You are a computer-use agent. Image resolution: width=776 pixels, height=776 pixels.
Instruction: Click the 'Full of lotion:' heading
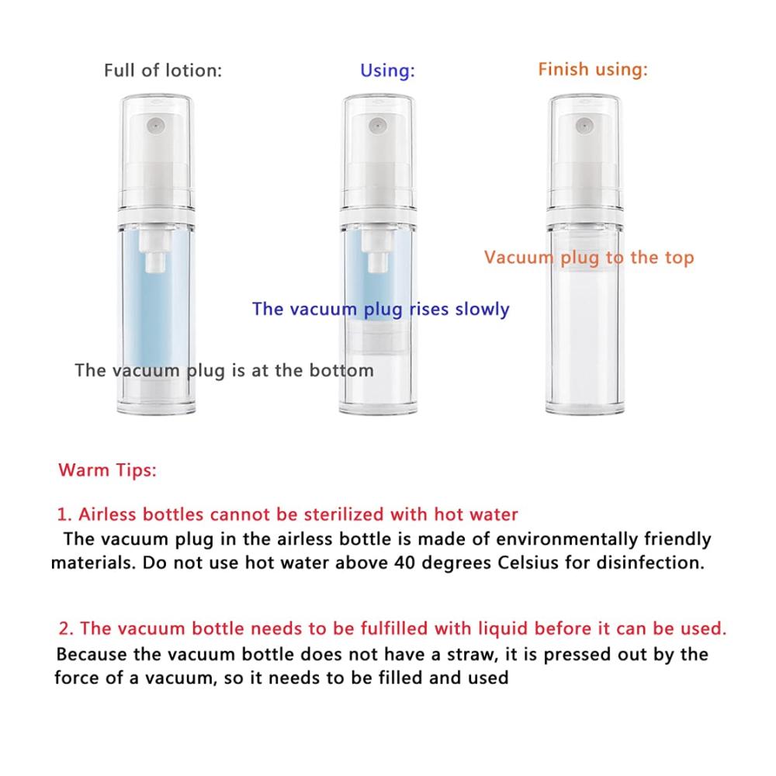click(x=163, y=71)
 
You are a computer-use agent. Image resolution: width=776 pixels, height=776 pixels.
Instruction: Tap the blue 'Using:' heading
click(x=387, y=71)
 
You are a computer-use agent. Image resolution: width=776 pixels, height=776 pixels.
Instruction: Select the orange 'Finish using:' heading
click(x=592, y=70)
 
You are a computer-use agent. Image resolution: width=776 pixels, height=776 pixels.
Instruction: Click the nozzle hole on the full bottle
click(x=155, y=126)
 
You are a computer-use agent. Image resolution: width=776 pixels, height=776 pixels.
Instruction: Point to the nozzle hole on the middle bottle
click(x=377, y=126)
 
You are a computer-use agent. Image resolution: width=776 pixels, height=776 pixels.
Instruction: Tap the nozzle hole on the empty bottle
click(x=584, y=125)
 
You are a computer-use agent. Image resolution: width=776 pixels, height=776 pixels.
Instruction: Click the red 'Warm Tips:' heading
click(x=107, y=470)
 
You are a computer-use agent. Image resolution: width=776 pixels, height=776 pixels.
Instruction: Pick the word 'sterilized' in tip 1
click(x=344, y=514)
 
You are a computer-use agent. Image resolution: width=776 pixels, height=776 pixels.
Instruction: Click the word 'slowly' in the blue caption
click(x=482, y=310)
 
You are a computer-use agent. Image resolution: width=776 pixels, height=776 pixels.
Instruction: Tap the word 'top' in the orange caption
click(x=680, y=258)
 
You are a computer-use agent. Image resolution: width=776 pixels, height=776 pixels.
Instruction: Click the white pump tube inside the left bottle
click(x=155, y=250)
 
